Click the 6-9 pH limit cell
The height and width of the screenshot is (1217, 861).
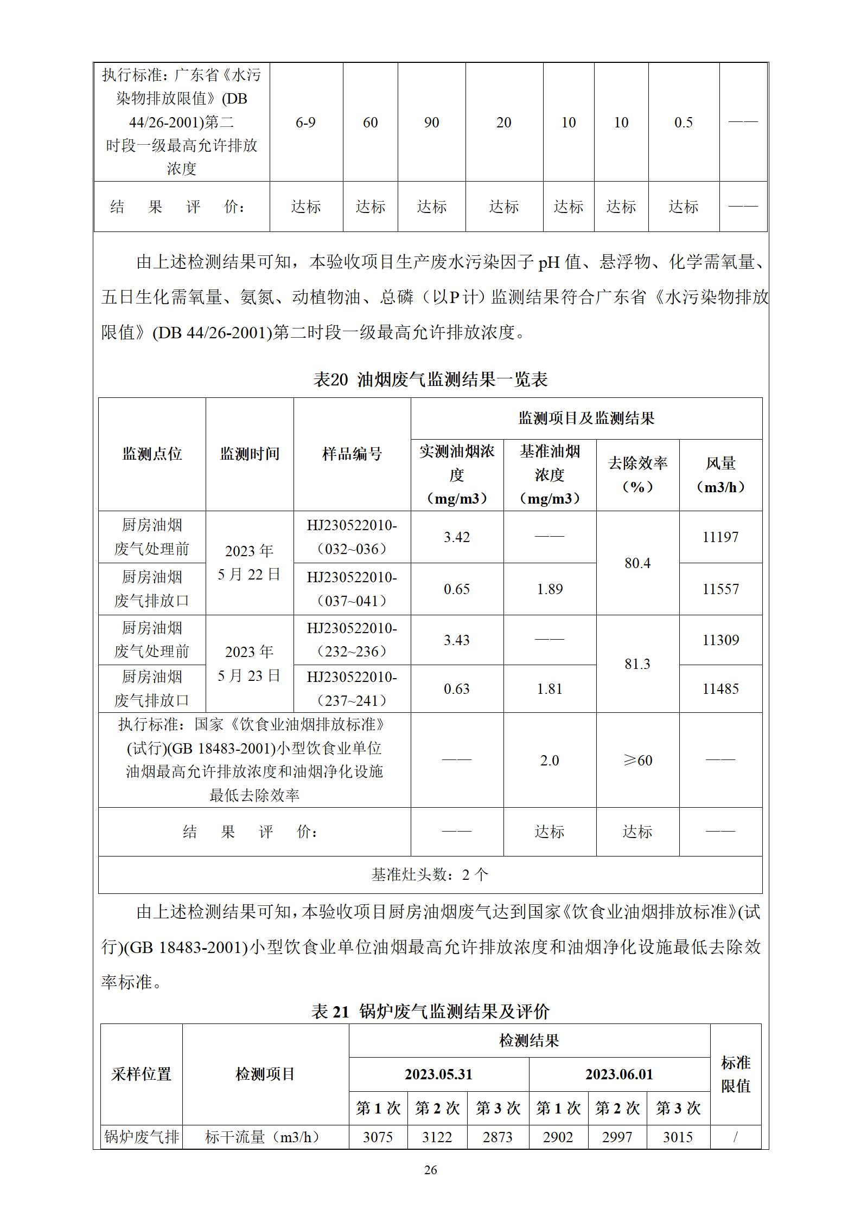[305, 123]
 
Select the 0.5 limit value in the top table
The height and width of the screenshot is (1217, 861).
[683, 123]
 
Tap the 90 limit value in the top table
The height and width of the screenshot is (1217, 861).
[431, 123]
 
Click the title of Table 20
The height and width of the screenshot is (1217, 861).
[430, 379]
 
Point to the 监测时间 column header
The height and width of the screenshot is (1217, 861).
[250, 454]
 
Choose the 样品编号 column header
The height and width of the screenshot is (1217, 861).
[352, 454]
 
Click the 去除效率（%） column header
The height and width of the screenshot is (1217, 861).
[637, 475]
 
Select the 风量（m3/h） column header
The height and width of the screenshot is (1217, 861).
[720, 475]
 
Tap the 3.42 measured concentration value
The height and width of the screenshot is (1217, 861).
[457, 537]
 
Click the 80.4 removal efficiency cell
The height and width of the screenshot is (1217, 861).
[637, 563]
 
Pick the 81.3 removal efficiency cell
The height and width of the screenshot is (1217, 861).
[637, 664]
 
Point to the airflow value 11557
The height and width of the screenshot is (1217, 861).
[720, 589]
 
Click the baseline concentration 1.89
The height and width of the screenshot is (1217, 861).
[550, 589]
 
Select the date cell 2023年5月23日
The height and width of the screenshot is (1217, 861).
[250, 664]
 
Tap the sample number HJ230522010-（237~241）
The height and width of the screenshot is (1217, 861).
[352, 689]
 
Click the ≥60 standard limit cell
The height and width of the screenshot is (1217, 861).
[637, 761]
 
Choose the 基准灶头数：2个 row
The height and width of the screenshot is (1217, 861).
[430, 874]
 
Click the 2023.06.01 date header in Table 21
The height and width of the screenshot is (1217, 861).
[619, 1074]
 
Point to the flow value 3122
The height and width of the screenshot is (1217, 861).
[437, 1137]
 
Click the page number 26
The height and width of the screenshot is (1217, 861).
[430, 1170]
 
